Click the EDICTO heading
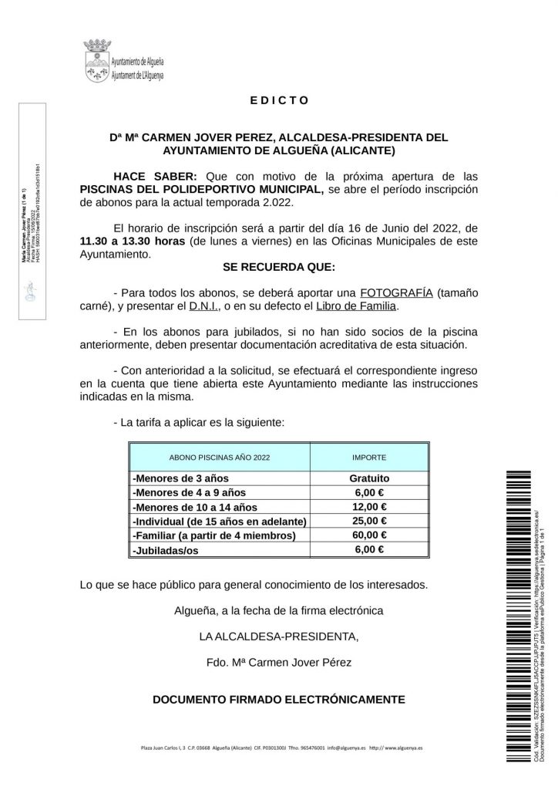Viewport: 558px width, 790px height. click(279, 100)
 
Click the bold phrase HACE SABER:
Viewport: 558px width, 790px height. click(156, 175)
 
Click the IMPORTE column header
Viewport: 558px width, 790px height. click(369, 457)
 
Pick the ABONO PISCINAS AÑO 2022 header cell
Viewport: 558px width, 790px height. click(220, 457)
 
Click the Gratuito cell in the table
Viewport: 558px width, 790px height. click(369, 478)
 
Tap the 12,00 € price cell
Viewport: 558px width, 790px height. click(369, 507)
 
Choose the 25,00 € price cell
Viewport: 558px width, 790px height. click(369, 522)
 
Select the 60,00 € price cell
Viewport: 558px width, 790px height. click(369, 535)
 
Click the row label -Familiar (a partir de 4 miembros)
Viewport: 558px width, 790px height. click(214, 535)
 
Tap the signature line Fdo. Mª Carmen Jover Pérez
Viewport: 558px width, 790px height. click(279, 663)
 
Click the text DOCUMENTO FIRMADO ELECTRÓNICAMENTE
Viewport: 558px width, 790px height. click(279, 700)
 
